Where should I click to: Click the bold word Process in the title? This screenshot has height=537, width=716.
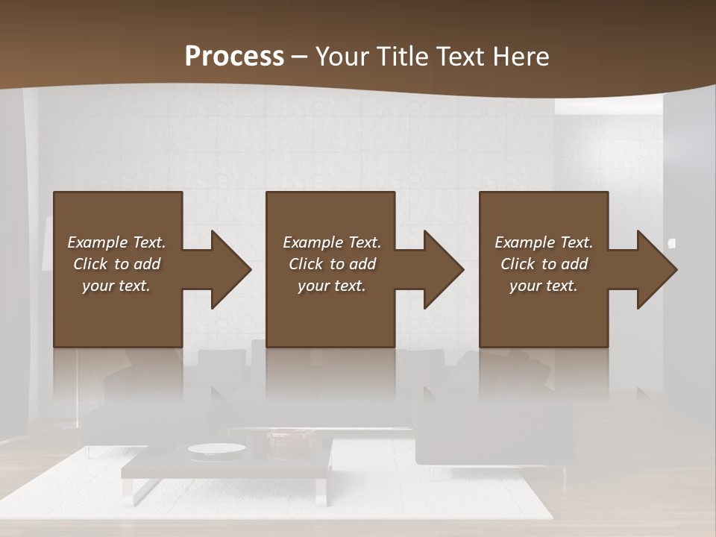pyautogui.click(x=234, y=57)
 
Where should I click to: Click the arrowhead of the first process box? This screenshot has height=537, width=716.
pyautogui.click(x=228, y=269)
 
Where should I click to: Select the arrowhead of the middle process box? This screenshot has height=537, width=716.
pyautogui.click(x=441, y=269)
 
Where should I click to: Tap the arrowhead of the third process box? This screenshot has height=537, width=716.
pyautogui.click(x=654, y=269)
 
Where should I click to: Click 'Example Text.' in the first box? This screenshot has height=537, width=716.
pyautogui.click(x=116, y=242)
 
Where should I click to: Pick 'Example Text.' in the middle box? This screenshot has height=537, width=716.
pyautogui.click(x=332, y=242)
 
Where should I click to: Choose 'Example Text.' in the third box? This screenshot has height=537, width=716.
pyautogui.click(x=544, y=242)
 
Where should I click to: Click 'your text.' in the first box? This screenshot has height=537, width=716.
pyautogui.click(x=116, y=286)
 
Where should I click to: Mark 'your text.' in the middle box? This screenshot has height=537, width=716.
pyautogui.click(x=332, y=286)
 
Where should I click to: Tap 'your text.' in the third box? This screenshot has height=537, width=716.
pyautogui.click(x=544, y=286)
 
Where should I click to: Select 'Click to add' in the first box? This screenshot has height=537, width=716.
pyautogui.click(x=116, y=264)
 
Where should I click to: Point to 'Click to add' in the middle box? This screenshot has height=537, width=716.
pyautogui.click(x=332, y=264)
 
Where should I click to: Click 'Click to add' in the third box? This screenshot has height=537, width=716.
pyautogui.click(x=544, y=264)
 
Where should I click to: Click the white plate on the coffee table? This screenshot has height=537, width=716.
pyautogui.click(x=216, y=448)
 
